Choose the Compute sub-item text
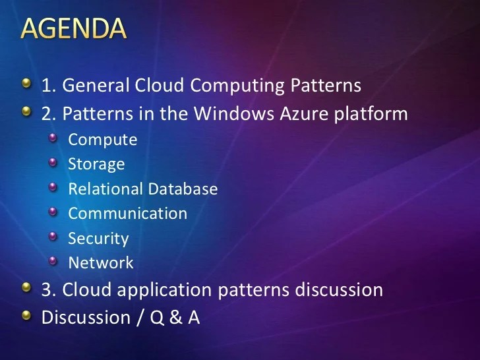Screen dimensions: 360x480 click(102, 140)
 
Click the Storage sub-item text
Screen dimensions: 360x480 click(96, 165)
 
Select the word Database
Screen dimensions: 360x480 click(183, 189)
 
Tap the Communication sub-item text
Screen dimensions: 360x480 click(127, 214)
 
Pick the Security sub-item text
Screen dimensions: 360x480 click(98, 239)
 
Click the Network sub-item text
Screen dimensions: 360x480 click(100, 263)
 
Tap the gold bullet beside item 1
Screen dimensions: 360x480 click(26, 84)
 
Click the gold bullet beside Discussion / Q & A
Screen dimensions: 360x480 click(26, 316)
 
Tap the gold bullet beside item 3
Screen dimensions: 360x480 click(26, 288)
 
